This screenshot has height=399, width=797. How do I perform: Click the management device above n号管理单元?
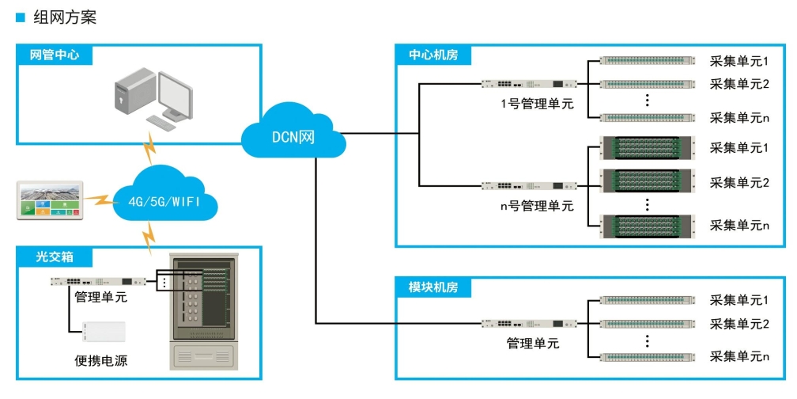[x=529, y=186]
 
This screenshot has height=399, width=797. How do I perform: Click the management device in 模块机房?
[x=529, y=324]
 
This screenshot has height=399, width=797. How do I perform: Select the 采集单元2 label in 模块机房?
[x=739, y=324]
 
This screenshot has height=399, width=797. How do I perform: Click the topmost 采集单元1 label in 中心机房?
[x=739, y=61]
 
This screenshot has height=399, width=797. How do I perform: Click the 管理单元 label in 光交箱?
[x=100, y=298]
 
